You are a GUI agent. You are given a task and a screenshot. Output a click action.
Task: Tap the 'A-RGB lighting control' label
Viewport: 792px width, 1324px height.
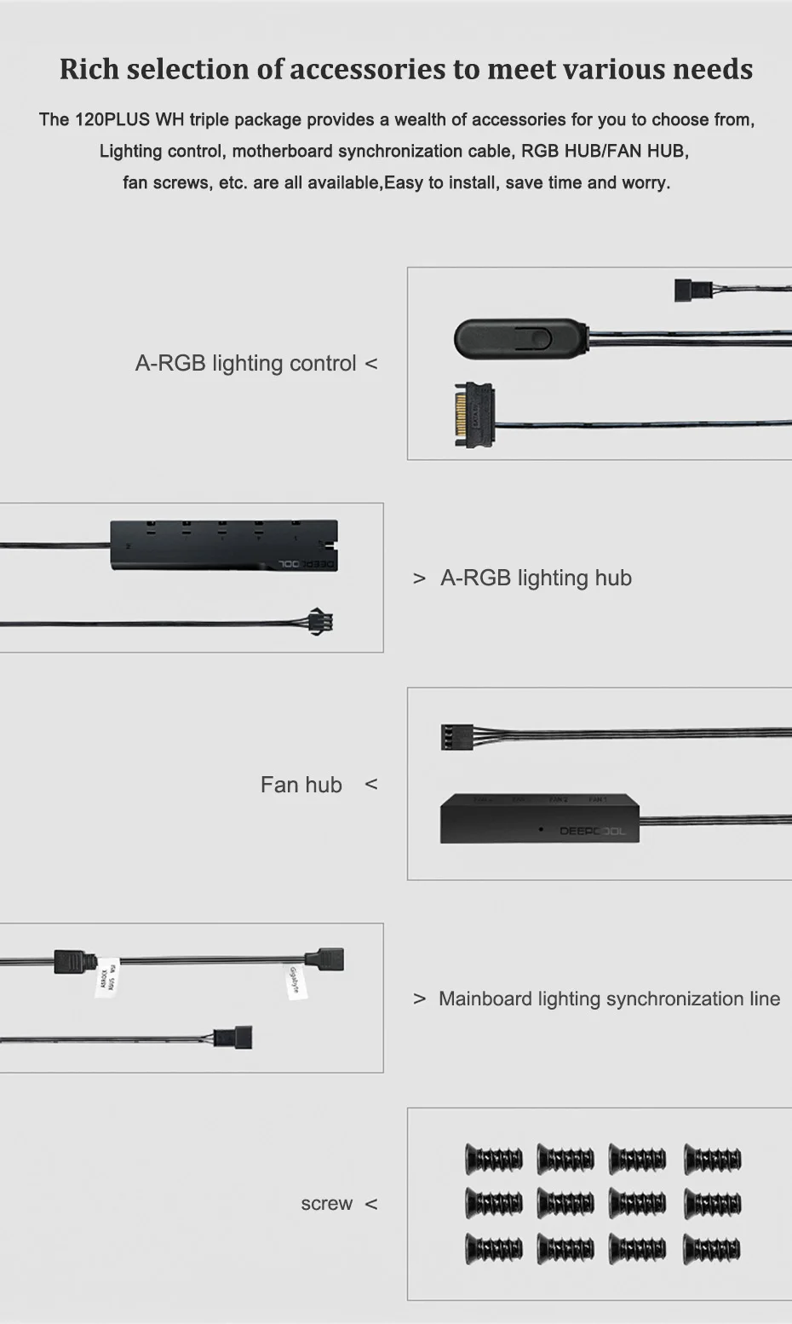click(x=245, y=363)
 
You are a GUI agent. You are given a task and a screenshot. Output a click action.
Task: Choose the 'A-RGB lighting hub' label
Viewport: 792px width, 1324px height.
click(x=536, y=578)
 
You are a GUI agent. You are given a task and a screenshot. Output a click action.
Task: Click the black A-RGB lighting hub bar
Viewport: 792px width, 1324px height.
click(x=224, y=545)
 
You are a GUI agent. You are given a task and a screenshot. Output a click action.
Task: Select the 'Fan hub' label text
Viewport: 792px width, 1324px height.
click(x=301, y=785)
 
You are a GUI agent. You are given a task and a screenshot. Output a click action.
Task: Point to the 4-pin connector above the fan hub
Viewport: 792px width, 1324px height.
click(x=456, y=736)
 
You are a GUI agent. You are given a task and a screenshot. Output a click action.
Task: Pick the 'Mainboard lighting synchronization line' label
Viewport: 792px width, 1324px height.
click(x=609, y=999)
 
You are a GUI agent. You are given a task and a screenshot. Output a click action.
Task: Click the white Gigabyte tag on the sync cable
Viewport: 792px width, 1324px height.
click(x=295, y=981)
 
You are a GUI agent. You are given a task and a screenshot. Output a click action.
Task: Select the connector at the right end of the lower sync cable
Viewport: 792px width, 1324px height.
click(x=232, y=1038)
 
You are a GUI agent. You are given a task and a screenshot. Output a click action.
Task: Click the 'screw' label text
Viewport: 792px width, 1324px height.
click(x=326, y=1203)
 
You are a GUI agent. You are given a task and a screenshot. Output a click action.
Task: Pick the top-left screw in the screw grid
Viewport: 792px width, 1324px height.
click(x=494, y=1159)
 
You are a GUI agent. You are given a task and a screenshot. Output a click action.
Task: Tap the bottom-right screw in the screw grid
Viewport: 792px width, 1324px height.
click(x=713, y=1249)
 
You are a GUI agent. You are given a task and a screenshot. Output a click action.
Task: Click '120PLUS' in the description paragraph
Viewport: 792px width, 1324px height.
click(x=112, y=119)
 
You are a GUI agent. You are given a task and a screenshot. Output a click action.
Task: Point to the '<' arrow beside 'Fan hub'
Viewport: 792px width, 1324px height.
click(x=370, y=784)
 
